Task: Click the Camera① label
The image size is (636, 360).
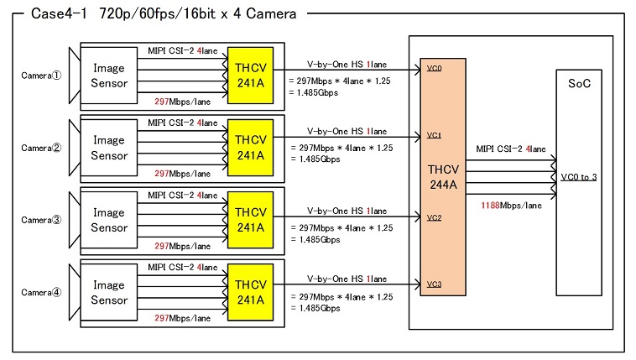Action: [x=41, y=75]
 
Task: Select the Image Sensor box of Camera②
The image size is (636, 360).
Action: [x=109, y=148]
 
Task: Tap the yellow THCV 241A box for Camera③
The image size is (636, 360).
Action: [x=250, y=220]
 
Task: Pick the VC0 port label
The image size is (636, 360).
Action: [x=434, y=68]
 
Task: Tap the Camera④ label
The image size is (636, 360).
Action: [x=41, y=293]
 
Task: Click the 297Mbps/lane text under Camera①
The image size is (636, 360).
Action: [x=182, y=102]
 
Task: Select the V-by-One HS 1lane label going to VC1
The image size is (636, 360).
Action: [x=347, y=132]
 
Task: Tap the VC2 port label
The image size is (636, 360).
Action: [x=434, y=218]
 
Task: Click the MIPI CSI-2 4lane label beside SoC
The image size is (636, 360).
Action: [x=511, y=149]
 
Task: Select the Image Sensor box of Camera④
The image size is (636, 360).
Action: [x=109, y=293]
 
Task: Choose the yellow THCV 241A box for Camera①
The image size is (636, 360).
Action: [x=250, y=74]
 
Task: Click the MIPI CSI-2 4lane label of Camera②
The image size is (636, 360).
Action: [x=182, y=123]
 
